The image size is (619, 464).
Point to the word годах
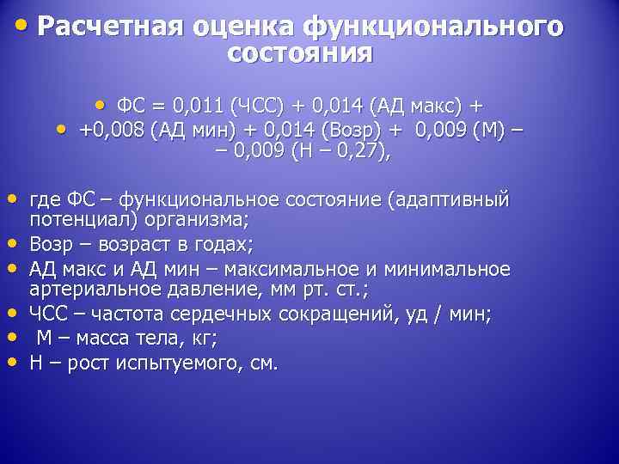[222, 245]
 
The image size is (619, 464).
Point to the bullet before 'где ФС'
[15, 198]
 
